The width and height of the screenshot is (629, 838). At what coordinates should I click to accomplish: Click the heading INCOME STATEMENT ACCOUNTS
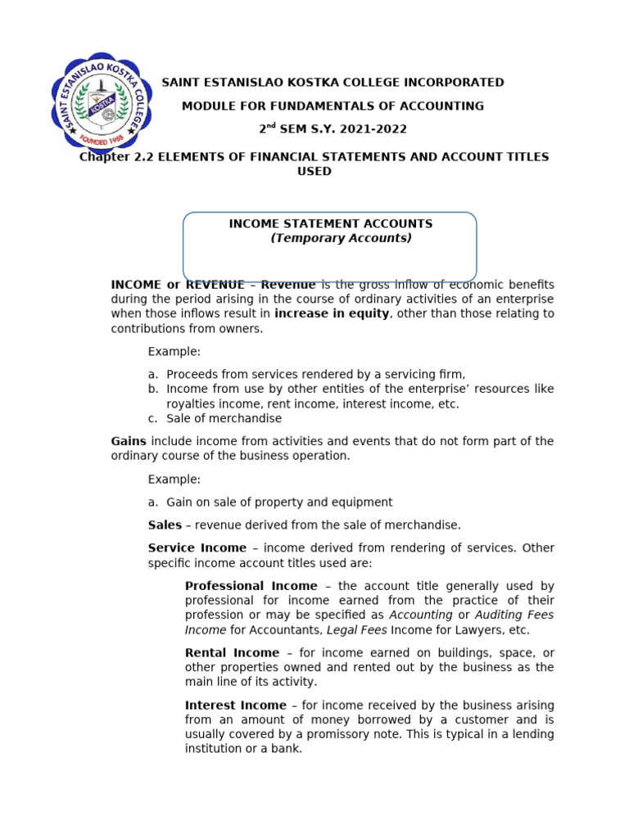[330, 223]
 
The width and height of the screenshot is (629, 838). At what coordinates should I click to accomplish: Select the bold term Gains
[129, 441]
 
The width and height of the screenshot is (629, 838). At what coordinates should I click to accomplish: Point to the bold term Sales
[165, 525]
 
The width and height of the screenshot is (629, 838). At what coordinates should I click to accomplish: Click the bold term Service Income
[197, 548]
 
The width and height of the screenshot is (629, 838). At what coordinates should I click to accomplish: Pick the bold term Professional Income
[251, 586]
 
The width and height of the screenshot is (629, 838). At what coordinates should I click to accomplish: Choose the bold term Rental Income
[232, 653]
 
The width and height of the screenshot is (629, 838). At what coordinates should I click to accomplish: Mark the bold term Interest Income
[235, 705]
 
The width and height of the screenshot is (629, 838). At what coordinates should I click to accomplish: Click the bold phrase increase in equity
[332, 313]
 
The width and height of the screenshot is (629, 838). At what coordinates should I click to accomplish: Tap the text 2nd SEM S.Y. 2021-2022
[333, 129]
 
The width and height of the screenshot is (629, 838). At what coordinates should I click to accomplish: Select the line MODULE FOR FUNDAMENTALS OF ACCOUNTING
[333, 106]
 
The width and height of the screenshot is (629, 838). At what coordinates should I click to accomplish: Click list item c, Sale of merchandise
[223, 418]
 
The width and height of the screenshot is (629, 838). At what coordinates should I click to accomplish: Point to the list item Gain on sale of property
[278, 502]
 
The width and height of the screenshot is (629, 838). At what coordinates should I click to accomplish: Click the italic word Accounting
[421, 615]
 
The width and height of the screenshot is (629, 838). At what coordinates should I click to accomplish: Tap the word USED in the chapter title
[314, 171]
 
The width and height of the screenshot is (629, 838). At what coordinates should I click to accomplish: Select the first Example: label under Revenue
[174, 351]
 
